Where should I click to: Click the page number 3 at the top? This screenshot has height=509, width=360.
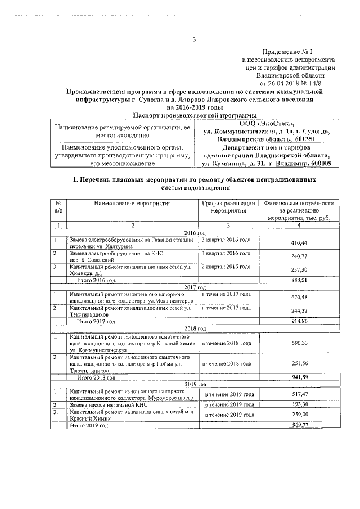pyautogui.click(x=194, y=39)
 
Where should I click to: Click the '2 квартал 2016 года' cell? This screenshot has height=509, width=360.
pyautogui.click(x=226, y=266)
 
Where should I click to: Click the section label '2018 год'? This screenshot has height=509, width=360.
pyautogui.click(x=195, y=328)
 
